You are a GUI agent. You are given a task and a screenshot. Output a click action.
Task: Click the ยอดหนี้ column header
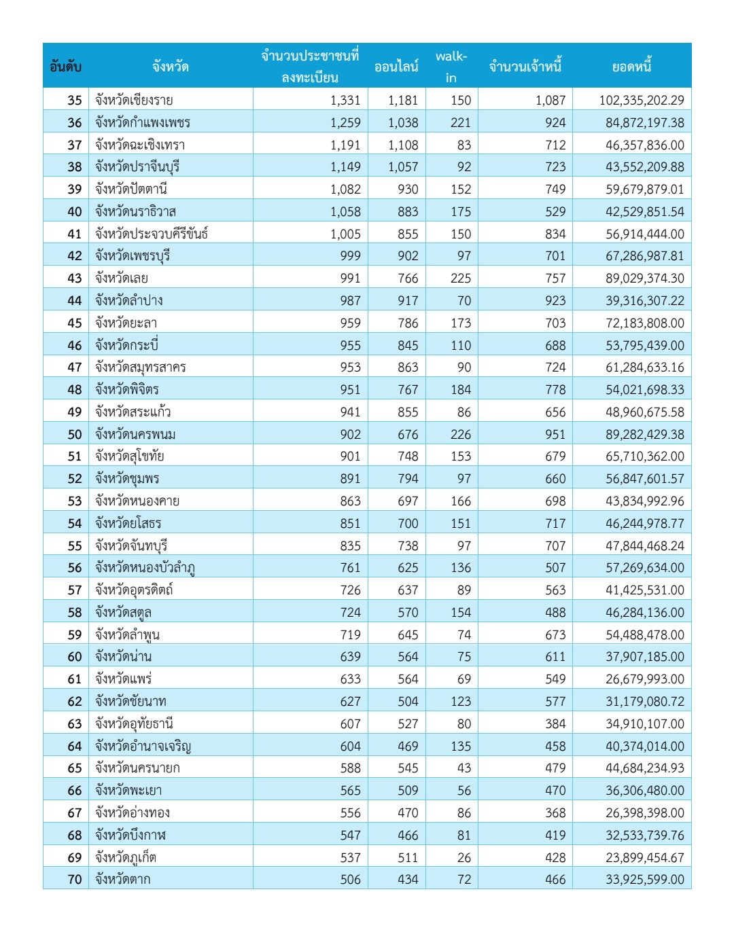click(x=631, y=67)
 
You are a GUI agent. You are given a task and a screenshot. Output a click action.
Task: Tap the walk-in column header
click(x=451, y=67)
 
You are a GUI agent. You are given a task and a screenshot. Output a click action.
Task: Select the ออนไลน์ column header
click(x=396, y=67)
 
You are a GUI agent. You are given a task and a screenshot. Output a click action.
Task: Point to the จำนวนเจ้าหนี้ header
click(x=525, y=67)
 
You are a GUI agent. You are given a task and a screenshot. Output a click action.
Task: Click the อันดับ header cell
click(x=66, y=67)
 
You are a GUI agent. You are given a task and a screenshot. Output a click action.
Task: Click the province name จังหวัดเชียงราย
click(x=134, y=100)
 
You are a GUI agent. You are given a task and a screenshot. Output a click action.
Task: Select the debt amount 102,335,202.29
click(x=641, y=100)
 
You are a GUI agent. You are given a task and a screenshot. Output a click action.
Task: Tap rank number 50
click(x=74, y=434)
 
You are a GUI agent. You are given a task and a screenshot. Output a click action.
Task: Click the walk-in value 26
click(x=464, y=857)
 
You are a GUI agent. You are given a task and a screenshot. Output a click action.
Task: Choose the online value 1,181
click(x=403, y=100)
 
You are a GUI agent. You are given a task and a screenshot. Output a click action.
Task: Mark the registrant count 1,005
click(x=345, y=234)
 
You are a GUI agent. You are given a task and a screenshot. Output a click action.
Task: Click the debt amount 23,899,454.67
click(x=644, y=857)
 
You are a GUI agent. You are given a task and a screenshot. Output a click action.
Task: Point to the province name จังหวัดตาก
click(x=123, y=879)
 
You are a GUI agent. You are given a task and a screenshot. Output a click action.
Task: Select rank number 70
click(x=74, y=879)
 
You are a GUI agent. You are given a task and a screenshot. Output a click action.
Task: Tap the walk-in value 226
click(x=460, y=434)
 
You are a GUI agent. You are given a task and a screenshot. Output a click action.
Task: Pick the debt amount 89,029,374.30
click(x=644, y=278)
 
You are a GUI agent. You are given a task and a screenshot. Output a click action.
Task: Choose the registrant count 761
click(x=350, y=567)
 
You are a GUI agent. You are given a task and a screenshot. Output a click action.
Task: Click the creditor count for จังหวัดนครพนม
click(x=555, y=434)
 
